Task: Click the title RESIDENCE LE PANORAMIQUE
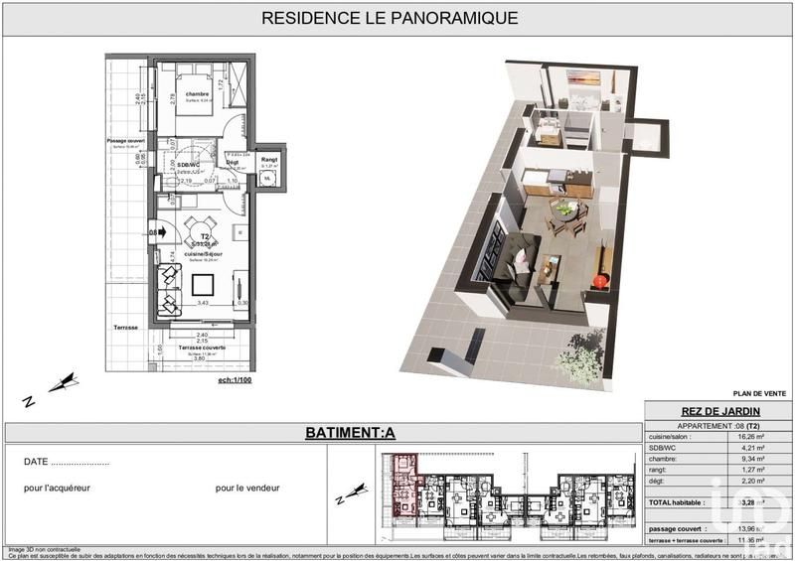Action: (389, 18)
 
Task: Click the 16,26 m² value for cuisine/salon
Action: (751, 436)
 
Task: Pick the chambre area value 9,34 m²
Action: (751, 459)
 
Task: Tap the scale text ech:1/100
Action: (237, 379)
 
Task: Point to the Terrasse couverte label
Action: (202, 349)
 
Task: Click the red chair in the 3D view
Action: (600, 282)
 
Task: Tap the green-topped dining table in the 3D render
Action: (564, 210)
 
